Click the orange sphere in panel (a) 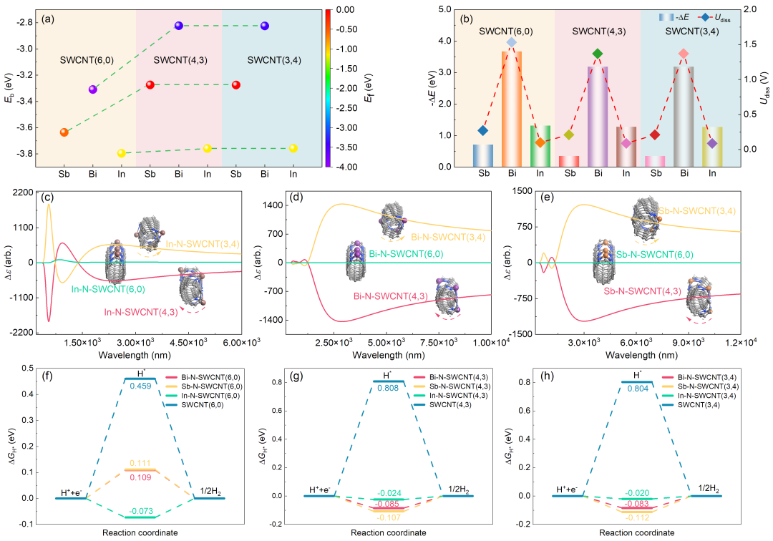click(64, 132)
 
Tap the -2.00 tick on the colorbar click(345, 87)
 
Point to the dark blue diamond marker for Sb click(482, 130)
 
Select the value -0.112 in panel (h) click(637, 517)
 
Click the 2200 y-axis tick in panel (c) click(24, 192)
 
